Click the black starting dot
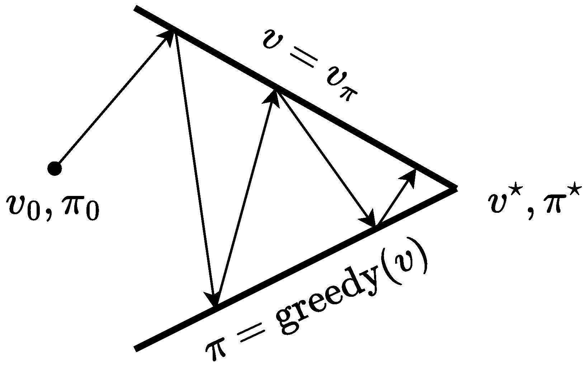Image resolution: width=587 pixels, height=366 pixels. click(x=55, y=168)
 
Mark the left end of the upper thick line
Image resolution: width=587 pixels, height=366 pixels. click(x=136, y=8)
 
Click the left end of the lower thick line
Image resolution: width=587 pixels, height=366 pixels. click(x=136, y=348)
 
